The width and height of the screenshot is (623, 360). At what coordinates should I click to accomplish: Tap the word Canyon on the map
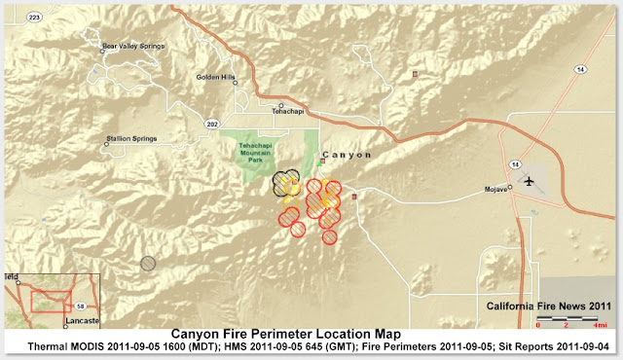[x=347, y=155]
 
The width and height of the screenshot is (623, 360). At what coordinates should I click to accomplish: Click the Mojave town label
[x=496, y=189]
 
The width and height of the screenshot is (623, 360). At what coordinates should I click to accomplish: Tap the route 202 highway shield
[x=211, y=124]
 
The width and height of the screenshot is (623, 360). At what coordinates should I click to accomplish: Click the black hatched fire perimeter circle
[x=285, y=184]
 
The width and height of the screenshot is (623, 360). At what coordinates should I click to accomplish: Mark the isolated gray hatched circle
[x=148, y=263]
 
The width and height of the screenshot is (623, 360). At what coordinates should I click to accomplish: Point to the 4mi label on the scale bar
[x=604, y=325]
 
